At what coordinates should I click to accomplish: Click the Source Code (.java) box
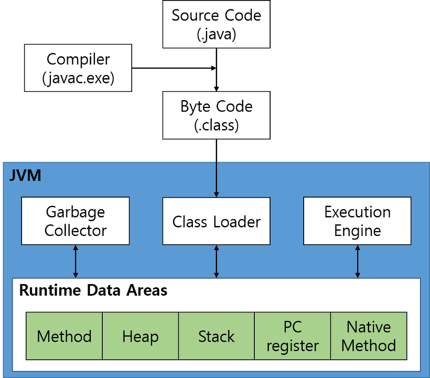(216, 24)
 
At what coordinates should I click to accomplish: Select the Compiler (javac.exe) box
(78, 68)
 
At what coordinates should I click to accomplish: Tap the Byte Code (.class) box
(216, 115)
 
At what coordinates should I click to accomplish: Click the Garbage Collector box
(76, 221)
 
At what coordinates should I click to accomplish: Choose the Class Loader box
(216, 221)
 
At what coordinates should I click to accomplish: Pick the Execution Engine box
(357, 221)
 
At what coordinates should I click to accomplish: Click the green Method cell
(64, 336)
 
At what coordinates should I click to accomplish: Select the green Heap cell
(141, 336)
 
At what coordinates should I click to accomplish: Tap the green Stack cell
(216, 336)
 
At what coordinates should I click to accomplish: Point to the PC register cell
(292, 336)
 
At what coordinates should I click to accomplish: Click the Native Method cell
(369, 336)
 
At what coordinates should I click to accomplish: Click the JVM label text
(25, 175)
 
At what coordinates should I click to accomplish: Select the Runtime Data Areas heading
(93, 290)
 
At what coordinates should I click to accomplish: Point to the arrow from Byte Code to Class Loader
(216, 178)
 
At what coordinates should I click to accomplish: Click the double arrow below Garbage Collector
(76, 261)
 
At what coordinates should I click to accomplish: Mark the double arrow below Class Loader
(216, 261)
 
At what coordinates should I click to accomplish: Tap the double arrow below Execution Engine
(358, 261)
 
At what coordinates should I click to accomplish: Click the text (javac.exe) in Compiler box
(78, 78)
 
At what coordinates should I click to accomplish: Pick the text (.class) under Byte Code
(216, 125)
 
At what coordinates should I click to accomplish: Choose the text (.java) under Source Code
(216, 34)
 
